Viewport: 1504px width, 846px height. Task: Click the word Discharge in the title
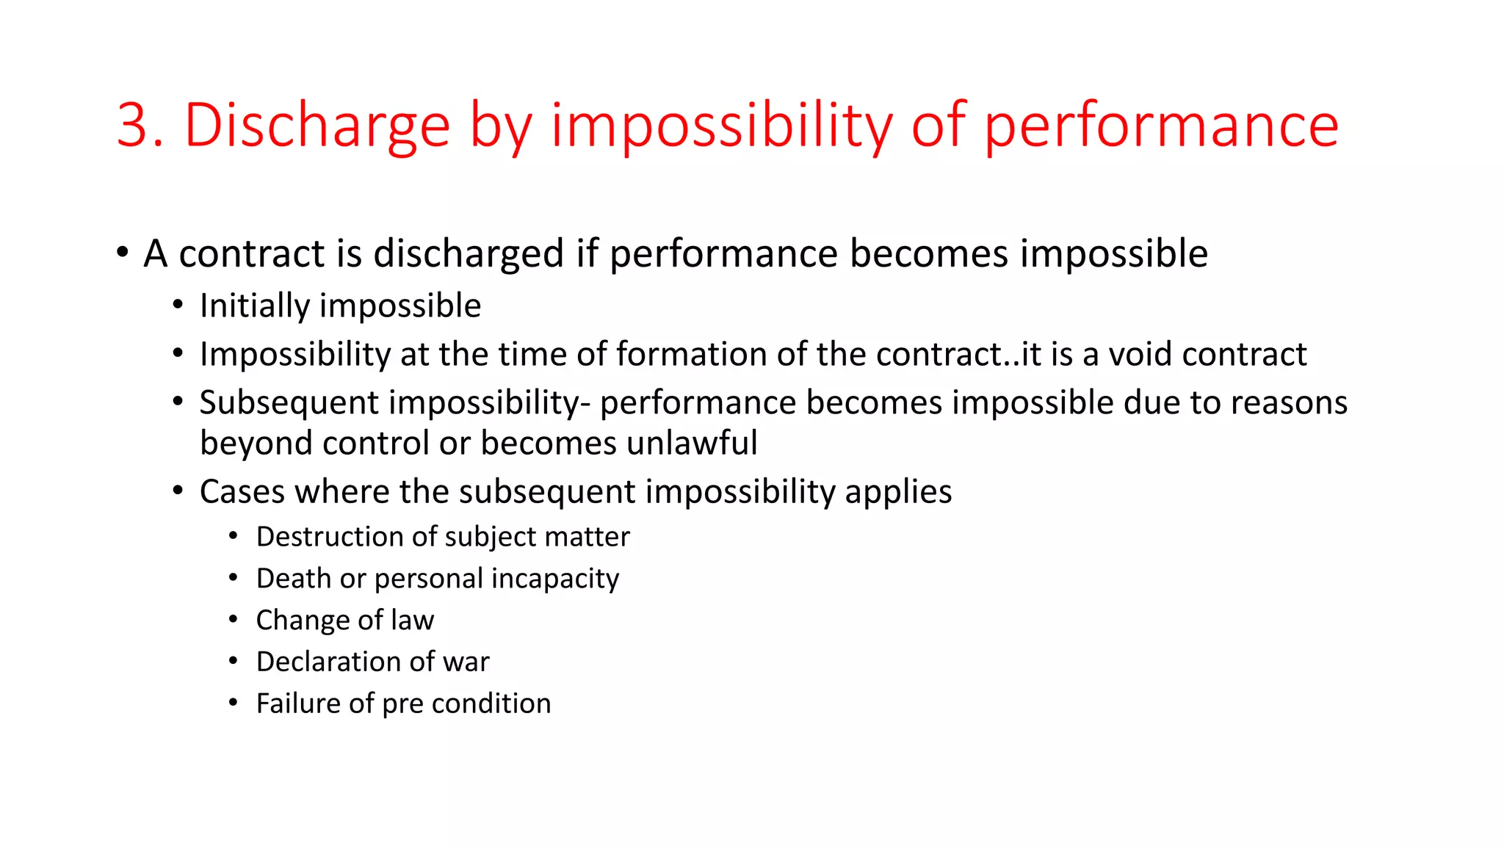tap(317, 126)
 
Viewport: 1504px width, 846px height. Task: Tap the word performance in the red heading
tap(1160, 126)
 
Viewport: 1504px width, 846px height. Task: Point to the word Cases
tap(242, 491)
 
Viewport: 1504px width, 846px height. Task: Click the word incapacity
tap(555, 579)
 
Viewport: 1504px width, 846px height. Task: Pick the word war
tap(466, 662)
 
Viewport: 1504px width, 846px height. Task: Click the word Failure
tap(297, 704)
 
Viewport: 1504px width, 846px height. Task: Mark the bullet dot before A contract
tap(123, 253)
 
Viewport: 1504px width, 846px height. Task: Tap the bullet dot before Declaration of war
tap(233, 662)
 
